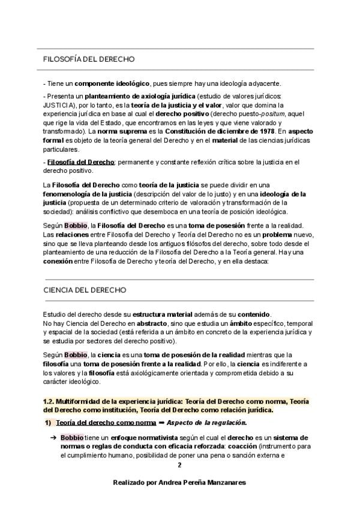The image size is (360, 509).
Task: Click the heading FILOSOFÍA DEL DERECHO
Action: [x=89, y=59]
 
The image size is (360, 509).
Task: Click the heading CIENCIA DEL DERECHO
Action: [x=85, y=289]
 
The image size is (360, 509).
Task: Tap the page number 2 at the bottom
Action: [x=179, y=465]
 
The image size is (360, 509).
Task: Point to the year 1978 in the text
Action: [x=265, y=131]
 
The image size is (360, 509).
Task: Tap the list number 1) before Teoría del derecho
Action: [x=49, y=422]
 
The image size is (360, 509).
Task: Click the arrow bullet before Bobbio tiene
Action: [x=53, y=438]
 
